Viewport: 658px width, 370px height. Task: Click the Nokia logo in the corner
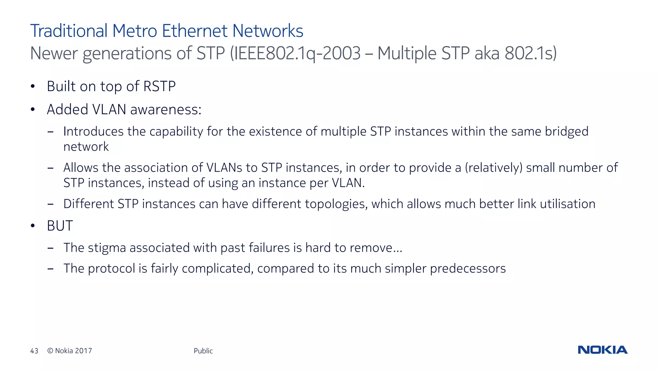(602, 350)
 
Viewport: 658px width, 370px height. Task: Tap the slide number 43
(34, 351)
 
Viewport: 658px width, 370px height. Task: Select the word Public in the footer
(203, 351)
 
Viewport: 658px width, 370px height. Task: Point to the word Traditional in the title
(69, 31)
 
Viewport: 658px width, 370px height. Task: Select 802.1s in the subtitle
(530, 53)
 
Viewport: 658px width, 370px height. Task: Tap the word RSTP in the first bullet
(159, 86)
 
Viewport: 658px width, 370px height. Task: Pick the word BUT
(60, 226)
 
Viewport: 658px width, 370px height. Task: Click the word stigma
(107, 248)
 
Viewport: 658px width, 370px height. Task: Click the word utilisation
(567, 204)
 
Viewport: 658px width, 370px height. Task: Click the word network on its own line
(86, 147)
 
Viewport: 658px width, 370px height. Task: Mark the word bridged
(566, 132)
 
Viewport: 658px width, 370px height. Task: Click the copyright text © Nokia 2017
(69, 351)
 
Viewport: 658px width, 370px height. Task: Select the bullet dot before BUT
(32, 226)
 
